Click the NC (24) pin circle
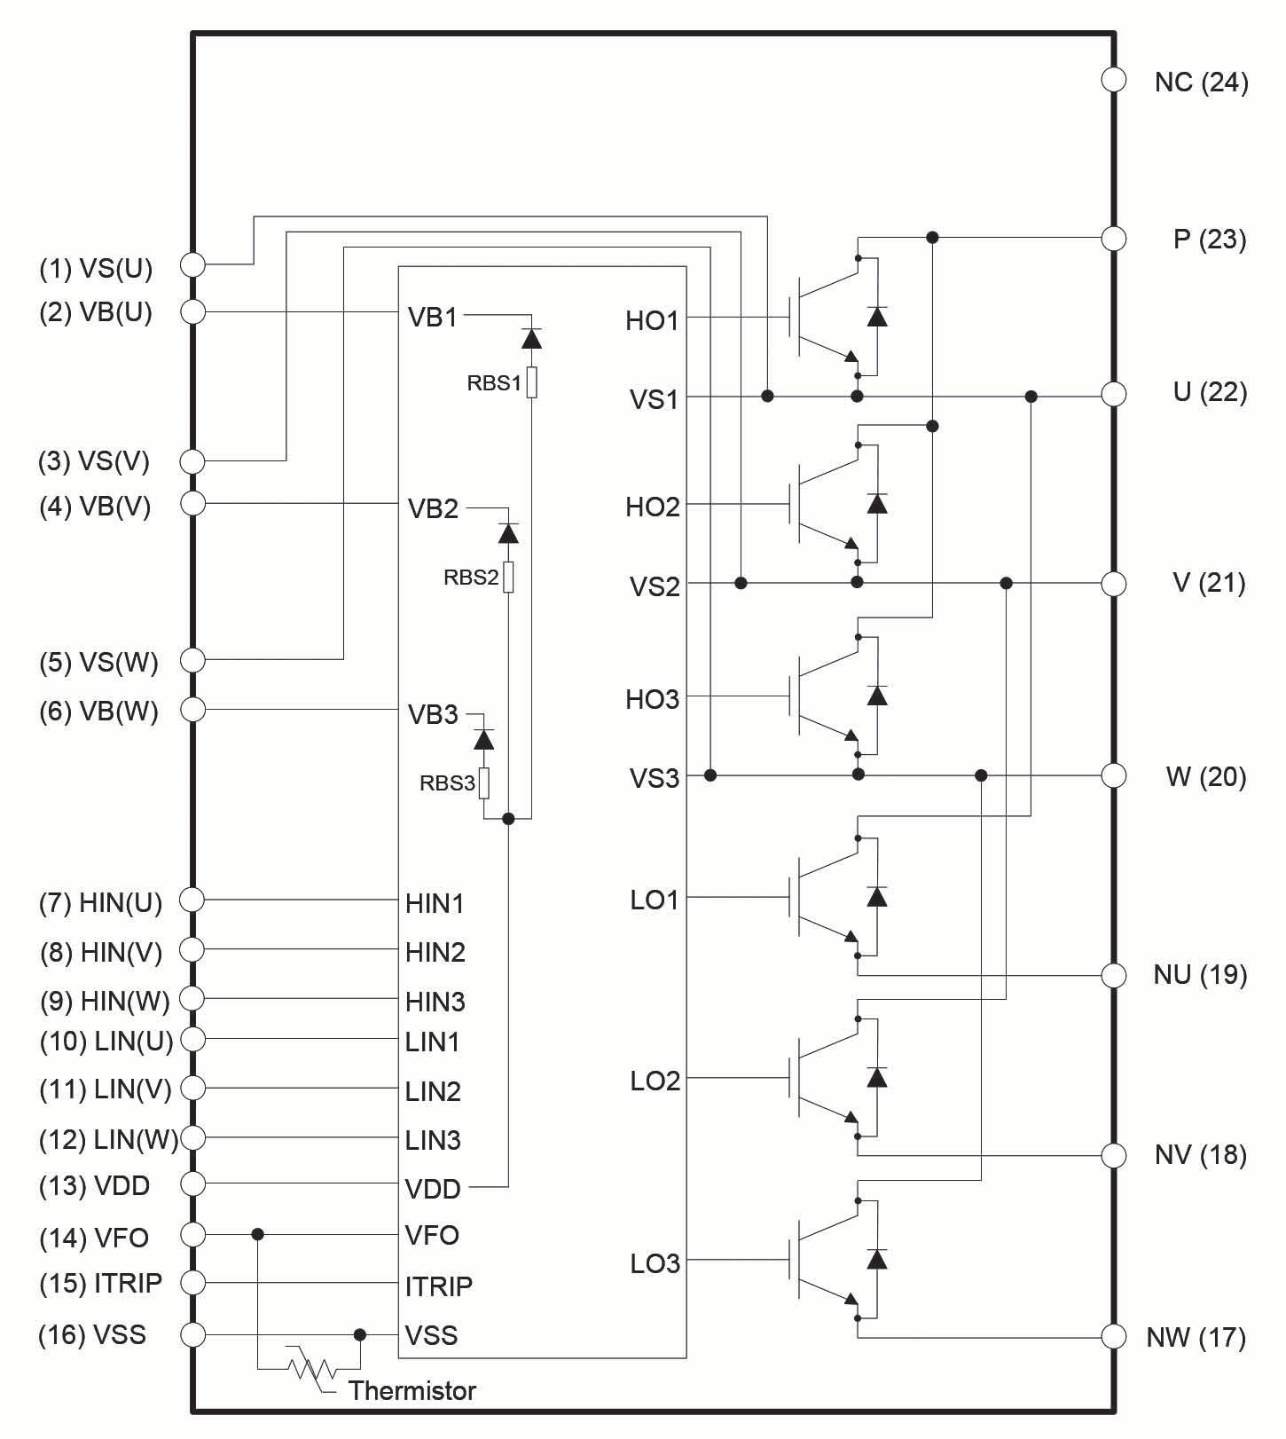(1113, 80)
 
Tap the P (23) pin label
(1210, 240)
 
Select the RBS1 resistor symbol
(531, 382)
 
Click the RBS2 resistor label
(471, 578)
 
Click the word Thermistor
(412, 1390)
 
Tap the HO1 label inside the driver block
(652, 321)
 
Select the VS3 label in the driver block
(655, 779)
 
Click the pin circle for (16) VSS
(192, 1334)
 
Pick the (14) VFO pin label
(94, 1238)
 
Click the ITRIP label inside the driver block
(438, 1286)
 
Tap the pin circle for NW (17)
(1113, 1336)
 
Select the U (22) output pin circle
(1113, 394)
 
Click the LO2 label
(655, 1081)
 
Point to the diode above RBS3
(484, 738)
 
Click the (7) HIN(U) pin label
(101, 903)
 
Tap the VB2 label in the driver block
(433, 508)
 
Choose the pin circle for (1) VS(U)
(192, 264)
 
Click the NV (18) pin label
(1200, 1155)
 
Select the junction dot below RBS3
(508, 819)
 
